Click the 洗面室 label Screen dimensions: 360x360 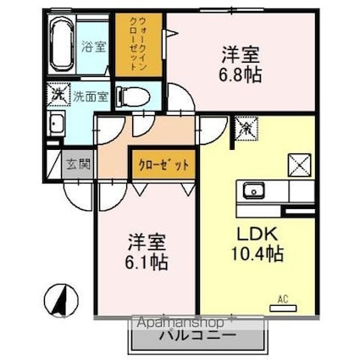coord(89,96)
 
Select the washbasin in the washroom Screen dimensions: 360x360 coord(56,126)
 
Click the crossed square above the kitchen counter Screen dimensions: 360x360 coord(299,163)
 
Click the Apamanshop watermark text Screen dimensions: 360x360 coord(180,323)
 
